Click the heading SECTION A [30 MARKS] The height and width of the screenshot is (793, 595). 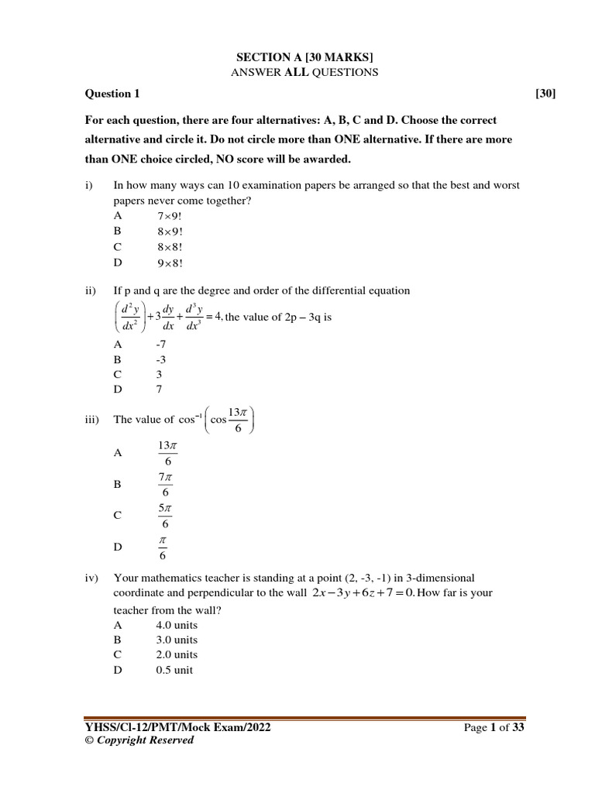tap(297, 57)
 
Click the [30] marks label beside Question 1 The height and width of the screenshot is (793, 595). tap(545, 94)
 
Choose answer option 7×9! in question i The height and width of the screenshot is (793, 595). tap(168, 215)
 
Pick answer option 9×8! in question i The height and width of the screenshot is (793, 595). tap(168, 262)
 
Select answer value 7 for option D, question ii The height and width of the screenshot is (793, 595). tap(159, 389)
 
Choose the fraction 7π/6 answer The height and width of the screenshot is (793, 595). tap(165, 485)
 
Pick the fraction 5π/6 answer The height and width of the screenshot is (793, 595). tap(165, 516)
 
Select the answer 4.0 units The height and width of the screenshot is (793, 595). tap(177, 624)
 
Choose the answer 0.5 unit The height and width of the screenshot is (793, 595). tap(174, 670)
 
